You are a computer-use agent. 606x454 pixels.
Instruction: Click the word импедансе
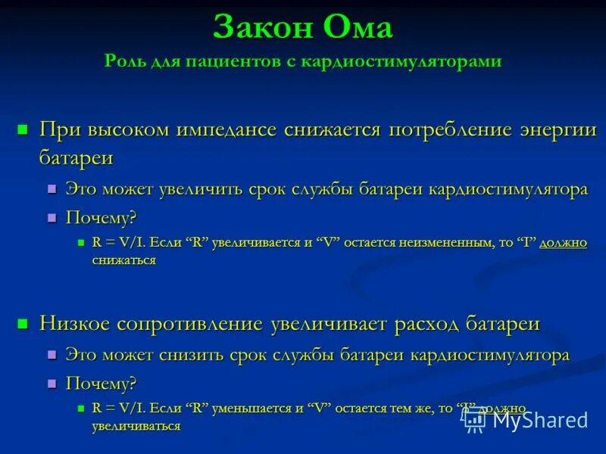[226, 129]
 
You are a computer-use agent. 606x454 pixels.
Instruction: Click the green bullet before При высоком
[22, 128]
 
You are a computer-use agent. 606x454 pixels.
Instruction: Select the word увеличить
[202, 189]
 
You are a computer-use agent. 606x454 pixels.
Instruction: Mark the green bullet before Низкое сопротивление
[22, 324]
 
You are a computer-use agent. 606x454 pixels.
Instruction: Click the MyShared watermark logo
[526, 421]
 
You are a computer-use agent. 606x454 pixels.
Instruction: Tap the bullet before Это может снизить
[52, 355]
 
